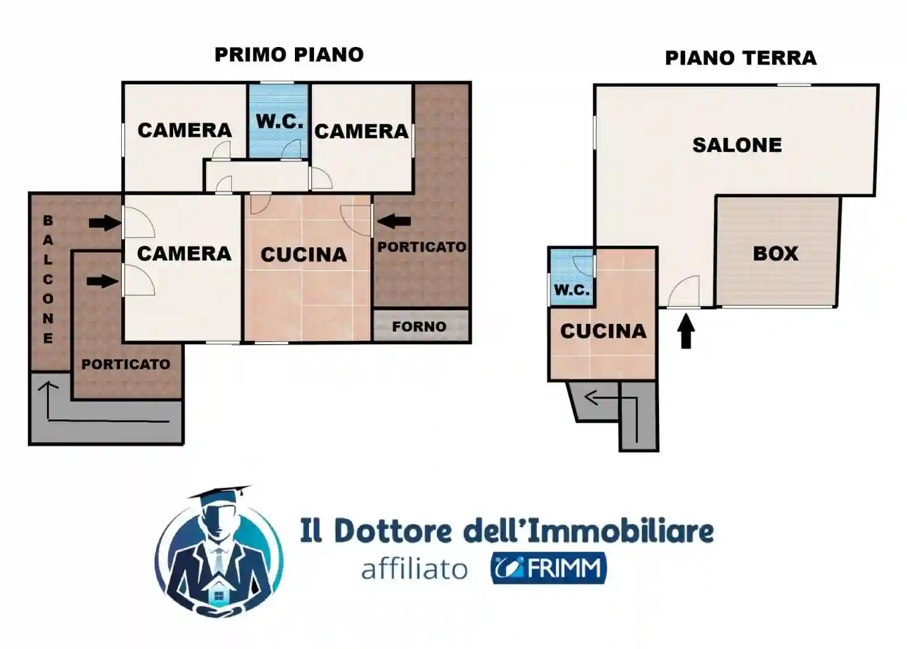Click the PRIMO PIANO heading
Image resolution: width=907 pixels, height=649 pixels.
[289, 54]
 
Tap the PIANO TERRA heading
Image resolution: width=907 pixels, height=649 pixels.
[740, 58]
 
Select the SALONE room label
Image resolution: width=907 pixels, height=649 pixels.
[736, 145]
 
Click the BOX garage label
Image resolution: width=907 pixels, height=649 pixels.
[775, 253]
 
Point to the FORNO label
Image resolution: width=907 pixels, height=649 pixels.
[419, 326]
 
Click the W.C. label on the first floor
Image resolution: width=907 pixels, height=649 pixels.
[279, 122]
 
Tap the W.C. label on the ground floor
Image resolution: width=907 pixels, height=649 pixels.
[571, 290]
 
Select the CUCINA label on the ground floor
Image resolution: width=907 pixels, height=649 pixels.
[603, 331]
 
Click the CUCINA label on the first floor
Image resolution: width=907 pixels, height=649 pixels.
[304, 255]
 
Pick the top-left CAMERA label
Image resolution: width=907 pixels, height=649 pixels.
[184, 130]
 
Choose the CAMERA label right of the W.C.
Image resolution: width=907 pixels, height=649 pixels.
[361, 132]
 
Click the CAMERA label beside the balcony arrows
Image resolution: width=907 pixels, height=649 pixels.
[184, 253]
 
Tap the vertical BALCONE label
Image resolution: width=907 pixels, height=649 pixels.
[48, 279]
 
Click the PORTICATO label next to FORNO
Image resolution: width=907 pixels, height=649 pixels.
[422, 247]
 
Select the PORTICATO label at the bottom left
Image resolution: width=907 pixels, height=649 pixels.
[126, 364]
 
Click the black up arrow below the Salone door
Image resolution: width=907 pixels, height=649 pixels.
[686, 331]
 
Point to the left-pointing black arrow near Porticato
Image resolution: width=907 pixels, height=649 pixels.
[394, 221]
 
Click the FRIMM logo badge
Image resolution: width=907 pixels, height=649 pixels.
[548, 568]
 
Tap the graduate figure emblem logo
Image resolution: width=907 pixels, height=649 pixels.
[219, 551]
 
